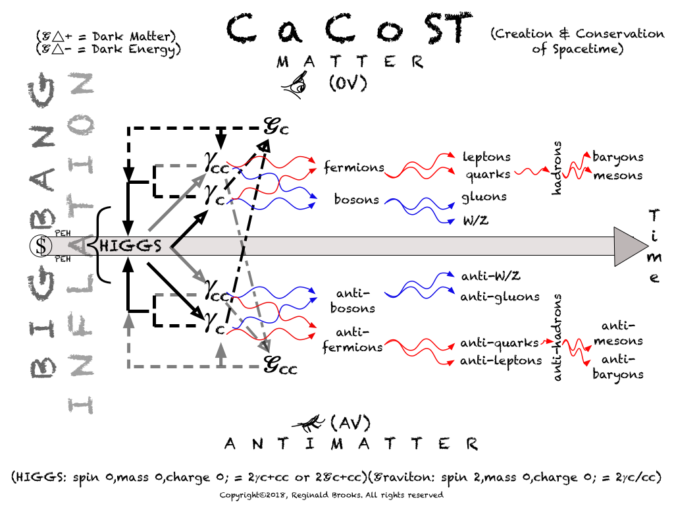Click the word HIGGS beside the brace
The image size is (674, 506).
tap(130, 246)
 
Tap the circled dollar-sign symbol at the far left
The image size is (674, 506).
tap(41, 246)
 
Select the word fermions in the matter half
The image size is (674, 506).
tap(353, 167)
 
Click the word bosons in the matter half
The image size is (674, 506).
tap(356, 198)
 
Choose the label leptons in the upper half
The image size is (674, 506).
tap(486, 157)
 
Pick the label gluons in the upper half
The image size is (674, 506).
tap(484, 196)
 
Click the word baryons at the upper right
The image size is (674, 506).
tap(617, 157)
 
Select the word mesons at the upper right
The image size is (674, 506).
tap(617, 175)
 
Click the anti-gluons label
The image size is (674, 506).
tap(500, 296)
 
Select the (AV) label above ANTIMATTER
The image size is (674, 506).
tap(350, 422)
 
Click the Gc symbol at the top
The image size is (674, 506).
tap(276, 125)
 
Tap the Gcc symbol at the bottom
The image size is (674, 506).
tap(280, 364)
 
